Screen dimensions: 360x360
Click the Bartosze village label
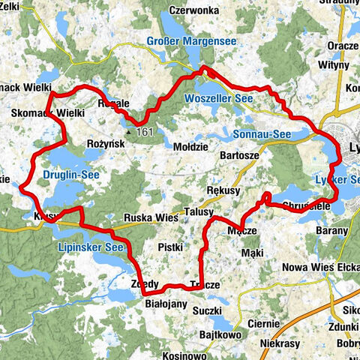pos(239,154)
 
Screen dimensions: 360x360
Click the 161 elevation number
pos(145,133)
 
